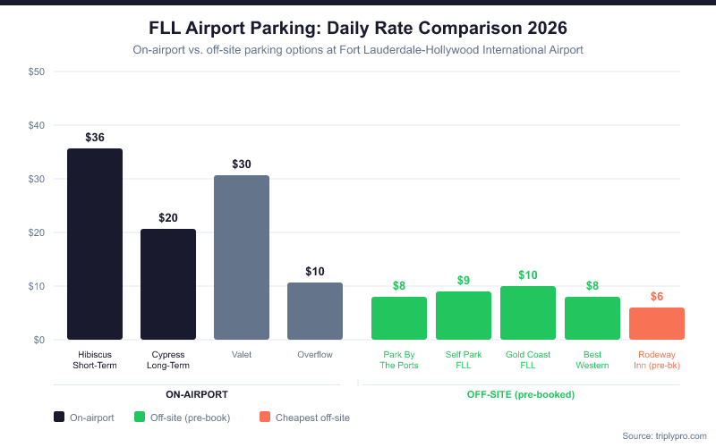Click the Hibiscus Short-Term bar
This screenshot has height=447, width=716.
[x=95, y=244]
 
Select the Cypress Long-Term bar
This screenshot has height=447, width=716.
[x=168, y=284]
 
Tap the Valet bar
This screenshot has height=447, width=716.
[x=242, y=257]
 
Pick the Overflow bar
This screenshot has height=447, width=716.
[x=315, y=311]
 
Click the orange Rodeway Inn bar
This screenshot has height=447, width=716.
[x=657, y=324]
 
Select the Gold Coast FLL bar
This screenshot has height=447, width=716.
[x=528, y=313]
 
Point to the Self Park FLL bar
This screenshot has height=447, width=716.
[x=464, y=316]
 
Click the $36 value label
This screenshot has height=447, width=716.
[x=95, y=137]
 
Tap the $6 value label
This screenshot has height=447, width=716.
[x=657, y=296]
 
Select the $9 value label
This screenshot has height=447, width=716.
[x=464, y=280]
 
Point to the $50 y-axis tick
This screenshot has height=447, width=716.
[x=38, y=72]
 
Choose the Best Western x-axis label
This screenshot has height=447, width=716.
[x=592, y=359]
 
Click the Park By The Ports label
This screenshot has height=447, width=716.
[x=399, y=359]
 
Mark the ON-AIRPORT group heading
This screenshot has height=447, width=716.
[x=196, y=394]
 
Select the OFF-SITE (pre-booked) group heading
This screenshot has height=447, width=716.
[x=520, y=394]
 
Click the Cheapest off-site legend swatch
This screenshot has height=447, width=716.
[x=264, y=417]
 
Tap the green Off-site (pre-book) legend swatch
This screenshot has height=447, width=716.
[x=139, y=417]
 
